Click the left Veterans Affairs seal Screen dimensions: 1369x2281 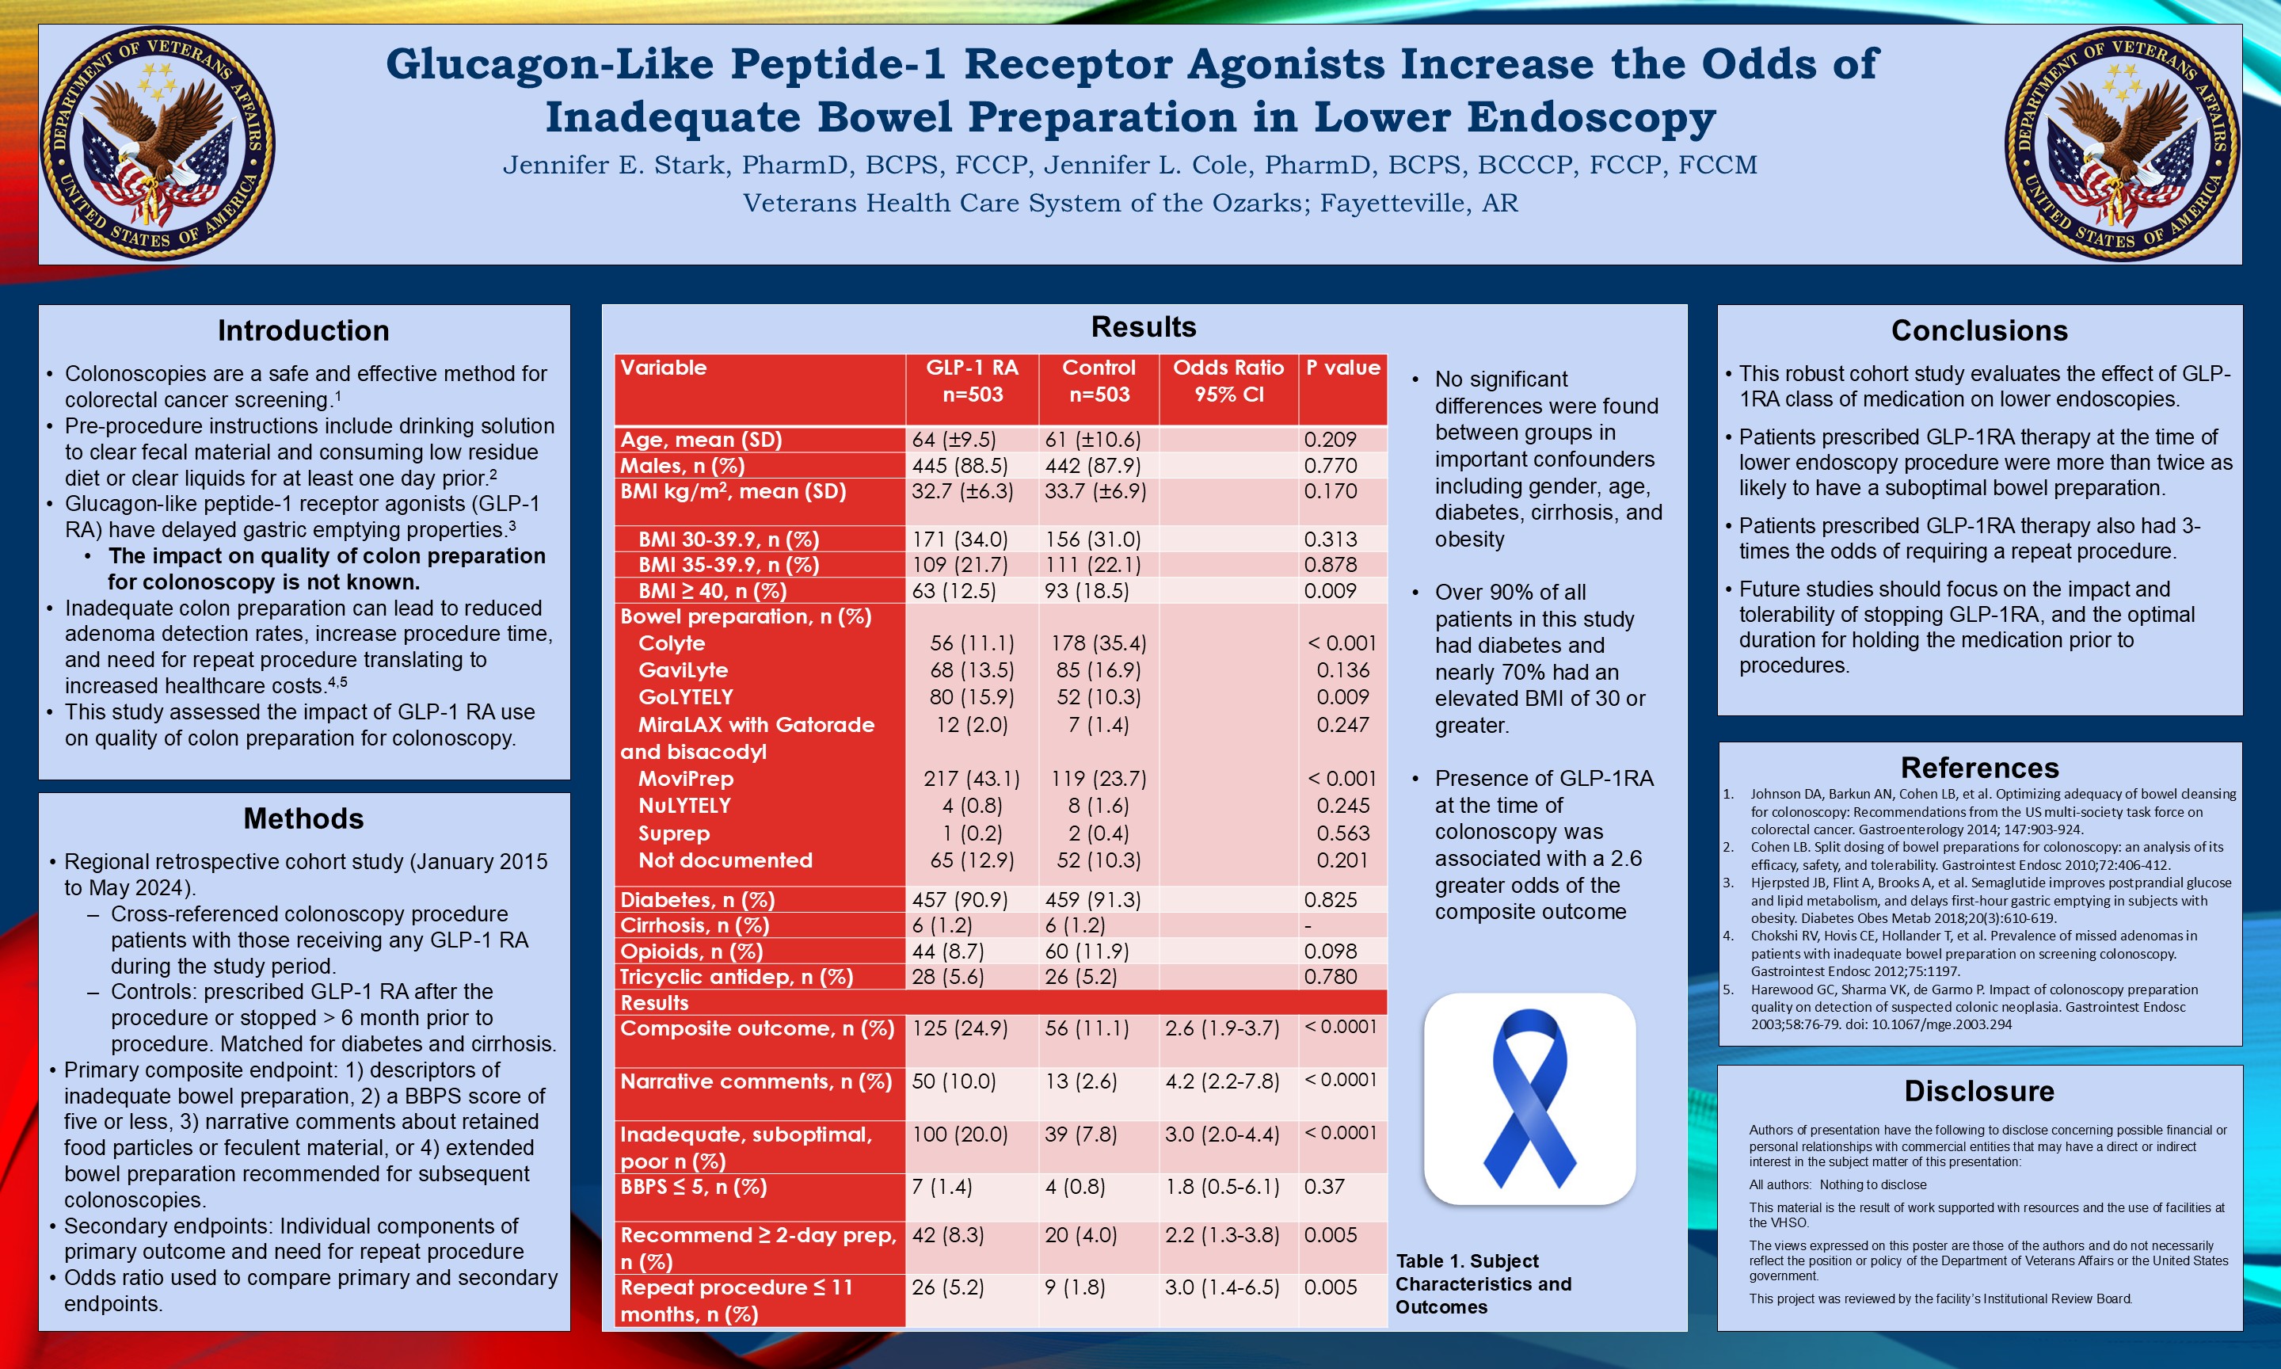[158, 144]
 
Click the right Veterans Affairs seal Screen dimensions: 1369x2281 [2123, 144]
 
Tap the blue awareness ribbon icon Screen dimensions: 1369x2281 [1529, 1098]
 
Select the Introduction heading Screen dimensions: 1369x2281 [303, 330]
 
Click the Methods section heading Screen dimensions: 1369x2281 [303, 818]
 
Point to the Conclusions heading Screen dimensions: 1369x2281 [1979, 330]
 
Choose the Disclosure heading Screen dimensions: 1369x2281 [1979, 1092]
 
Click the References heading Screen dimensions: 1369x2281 [1979, 768]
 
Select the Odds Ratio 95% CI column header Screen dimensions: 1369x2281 [1228, 381]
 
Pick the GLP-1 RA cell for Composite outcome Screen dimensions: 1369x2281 [960, 1028]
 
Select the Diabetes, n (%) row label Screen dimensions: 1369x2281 [697, 899]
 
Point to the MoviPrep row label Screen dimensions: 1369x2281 [686, 779]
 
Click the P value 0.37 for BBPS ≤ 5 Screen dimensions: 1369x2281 [1324, 1188]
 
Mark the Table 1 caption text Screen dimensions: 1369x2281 [1483, 1284]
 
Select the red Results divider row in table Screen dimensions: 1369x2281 [1000, 1003]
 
